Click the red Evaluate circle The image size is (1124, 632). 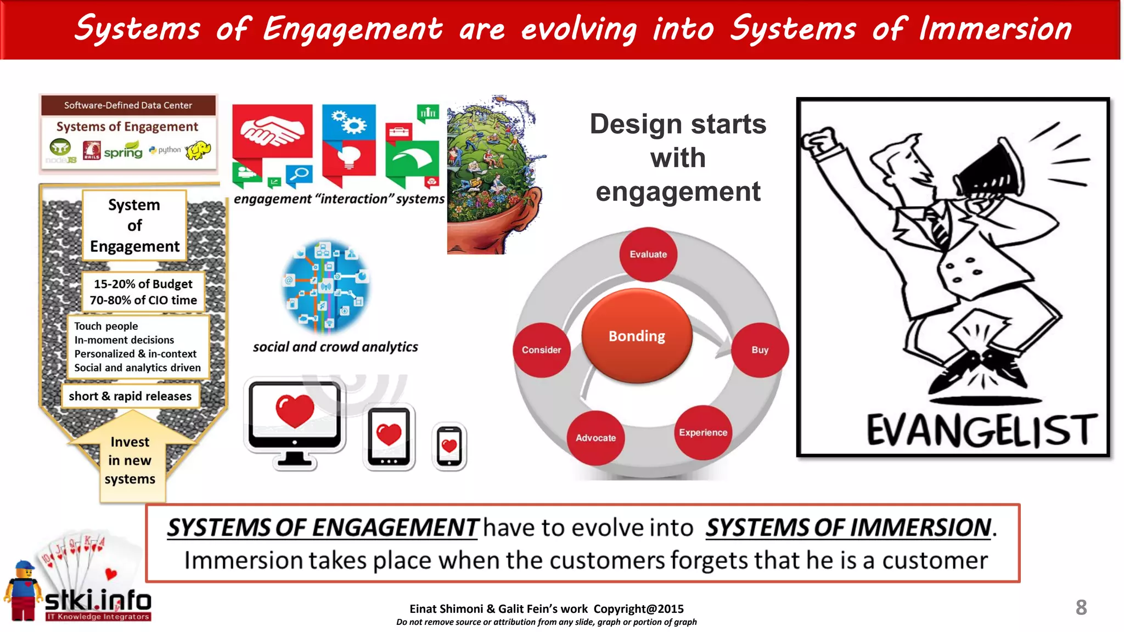(x=648, y=254)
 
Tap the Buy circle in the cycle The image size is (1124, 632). (x=760, y=350)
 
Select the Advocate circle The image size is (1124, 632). (x=595, y=438)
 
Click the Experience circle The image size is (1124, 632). (x=703, y=432)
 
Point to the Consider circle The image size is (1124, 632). (x=541, y=350)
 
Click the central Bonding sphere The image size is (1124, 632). (x=637, y=336)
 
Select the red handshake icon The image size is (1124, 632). (x=272, y=132)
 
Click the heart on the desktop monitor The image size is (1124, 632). (x=295, y=411)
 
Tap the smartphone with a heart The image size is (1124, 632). (x=449, y=447)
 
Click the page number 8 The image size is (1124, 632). (x=1081, y=607)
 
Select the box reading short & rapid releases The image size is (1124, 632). (x=130, y=396)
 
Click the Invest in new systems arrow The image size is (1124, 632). (x=131, y=460)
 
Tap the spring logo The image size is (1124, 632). (x=123, y=150)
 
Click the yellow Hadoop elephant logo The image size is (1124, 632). (x=199, y=150)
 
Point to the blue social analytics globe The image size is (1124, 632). (x=325, y=286)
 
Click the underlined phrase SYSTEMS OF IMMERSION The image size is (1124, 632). (x=848, y=528)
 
